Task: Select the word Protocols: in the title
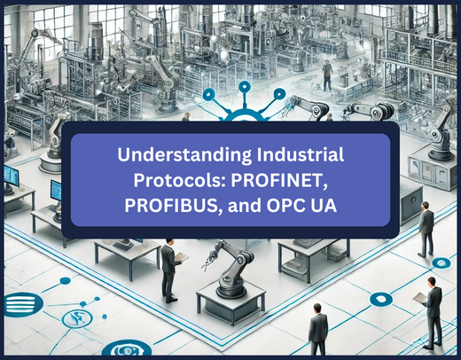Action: [x=178, y=180]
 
